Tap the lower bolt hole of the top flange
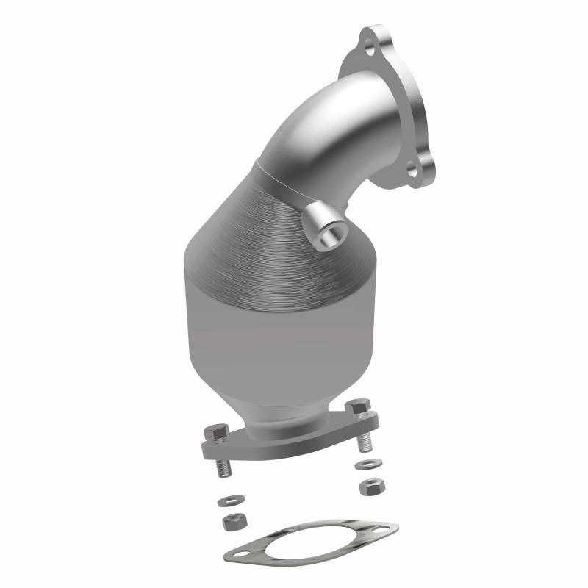click(412, 171)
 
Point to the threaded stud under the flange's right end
click(362, 443)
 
